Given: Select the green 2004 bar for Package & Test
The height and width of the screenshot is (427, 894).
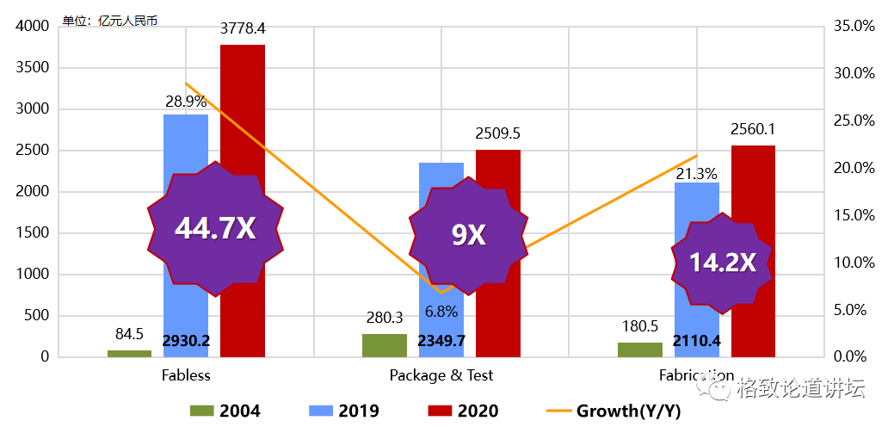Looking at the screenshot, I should (x=384, y=345).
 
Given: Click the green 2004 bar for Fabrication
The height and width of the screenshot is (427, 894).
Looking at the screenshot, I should (x=640, y=350).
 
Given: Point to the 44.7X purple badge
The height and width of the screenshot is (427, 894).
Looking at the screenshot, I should (x=215, y=228).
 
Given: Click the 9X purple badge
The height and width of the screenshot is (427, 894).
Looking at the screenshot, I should (x=468, y=235).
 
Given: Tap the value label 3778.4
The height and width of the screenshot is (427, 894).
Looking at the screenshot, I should (x=243, y=28).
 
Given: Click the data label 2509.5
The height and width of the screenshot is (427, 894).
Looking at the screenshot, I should (x=497, y=133).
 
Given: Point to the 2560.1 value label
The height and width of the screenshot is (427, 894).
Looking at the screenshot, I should (x=753, y=129).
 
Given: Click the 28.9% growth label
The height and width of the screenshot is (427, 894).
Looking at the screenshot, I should (x=186, y=102).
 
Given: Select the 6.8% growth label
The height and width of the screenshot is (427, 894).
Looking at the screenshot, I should (x=441, y=312).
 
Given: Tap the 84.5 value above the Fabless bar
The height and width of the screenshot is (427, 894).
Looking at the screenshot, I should (x=129, y=333).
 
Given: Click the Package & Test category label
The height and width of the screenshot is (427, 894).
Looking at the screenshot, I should (x=441, y=375).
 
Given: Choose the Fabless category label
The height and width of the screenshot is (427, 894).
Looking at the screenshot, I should (x=186, y=375).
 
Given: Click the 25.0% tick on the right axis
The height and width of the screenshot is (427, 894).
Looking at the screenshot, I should (x=854, y=121).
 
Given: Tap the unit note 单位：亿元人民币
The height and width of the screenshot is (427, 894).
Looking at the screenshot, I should (x=110, y=20).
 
